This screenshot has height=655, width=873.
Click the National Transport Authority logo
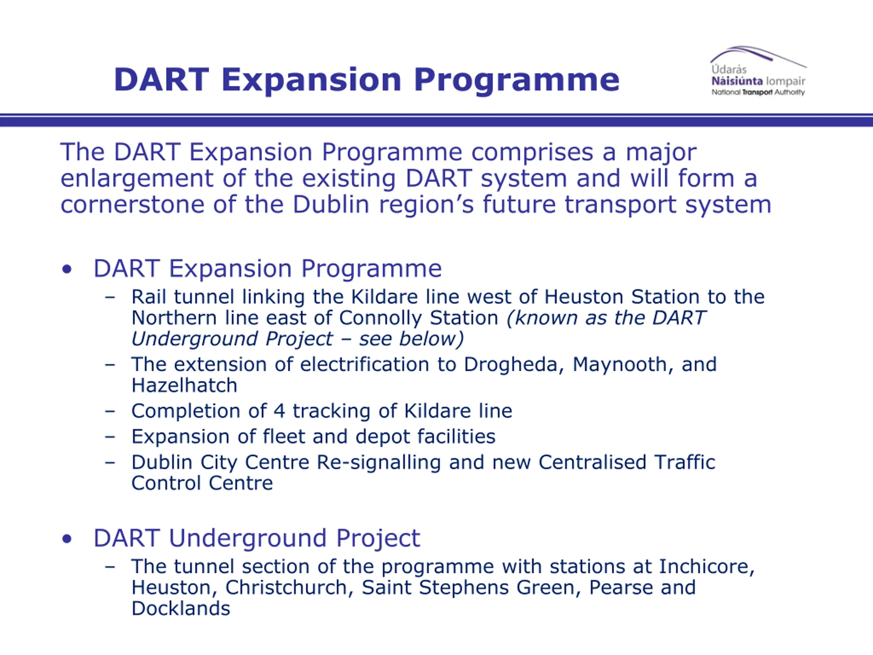pyautogui.click(x=758, y=71)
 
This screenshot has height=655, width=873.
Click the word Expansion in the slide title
pyautogui.click(x=311, y=81)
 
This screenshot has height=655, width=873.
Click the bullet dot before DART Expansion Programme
pyautogui.click(x=67, y=269)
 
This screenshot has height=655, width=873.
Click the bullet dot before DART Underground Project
pyautogui.click(x=67, y=539)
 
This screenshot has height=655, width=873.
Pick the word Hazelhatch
pyautogui.click(x=184, y=385)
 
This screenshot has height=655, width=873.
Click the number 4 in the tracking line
pyautogui.click(x=279, y=411)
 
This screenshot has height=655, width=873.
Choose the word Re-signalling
pyautogui.click(x=379, y=463)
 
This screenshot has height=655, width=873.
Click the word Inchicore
pyautogui.click(x=707, y=567)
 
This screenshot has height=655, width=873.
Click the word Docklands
pyautogui.click(x=181, y=608)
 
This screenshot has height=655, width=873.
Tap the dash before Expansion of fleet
pyautogui.click(x=110, y=437)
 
